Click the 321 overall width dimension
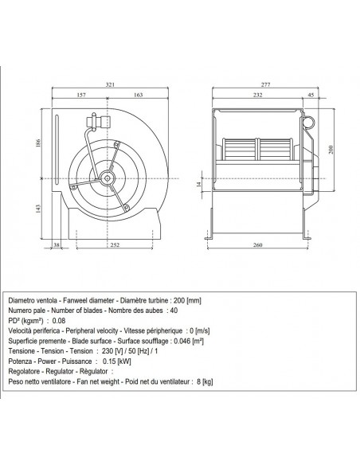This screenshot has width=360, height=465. pos(110,84)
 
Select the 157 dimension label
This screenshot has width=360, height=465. pos(81,95)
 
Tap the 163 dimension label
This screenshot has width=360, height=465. pos(139,95)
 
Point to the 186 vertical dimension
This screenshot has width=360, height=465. pos(38,143)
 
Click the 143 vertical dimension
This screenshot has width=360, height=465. pos(38,209)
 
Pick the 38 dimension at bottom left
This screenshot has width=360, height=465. pos(57,245)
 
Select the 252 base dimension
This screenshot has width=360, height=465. pos(115,245)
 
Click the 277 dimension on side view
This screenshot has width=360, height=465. pos(266,84)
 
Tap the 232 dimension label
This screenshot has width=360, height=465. pos(258,95)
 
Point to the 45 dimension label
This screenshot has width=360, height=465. pos(311,95)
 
